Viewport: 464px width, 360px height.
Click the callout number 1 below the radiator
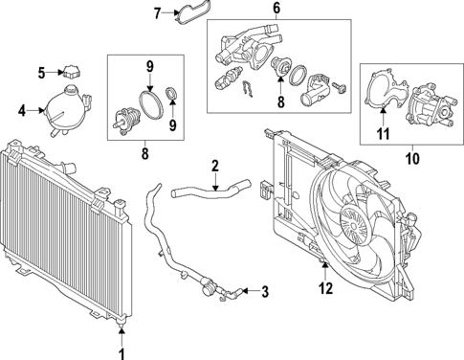[x=121, y=351]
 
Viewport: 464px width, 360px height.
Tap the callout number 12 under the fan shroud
[x=325, y=286]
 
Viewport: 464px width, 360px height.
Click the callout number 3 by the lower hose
[x=265, y=291]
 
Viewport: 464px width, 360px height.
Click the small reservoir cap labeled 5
[x=73, y=70]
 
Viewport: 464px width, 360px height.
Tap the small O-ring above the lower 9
[x=172, y=94]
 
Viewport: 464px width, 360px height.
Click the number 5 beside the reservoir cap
[x=42, y=72]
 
